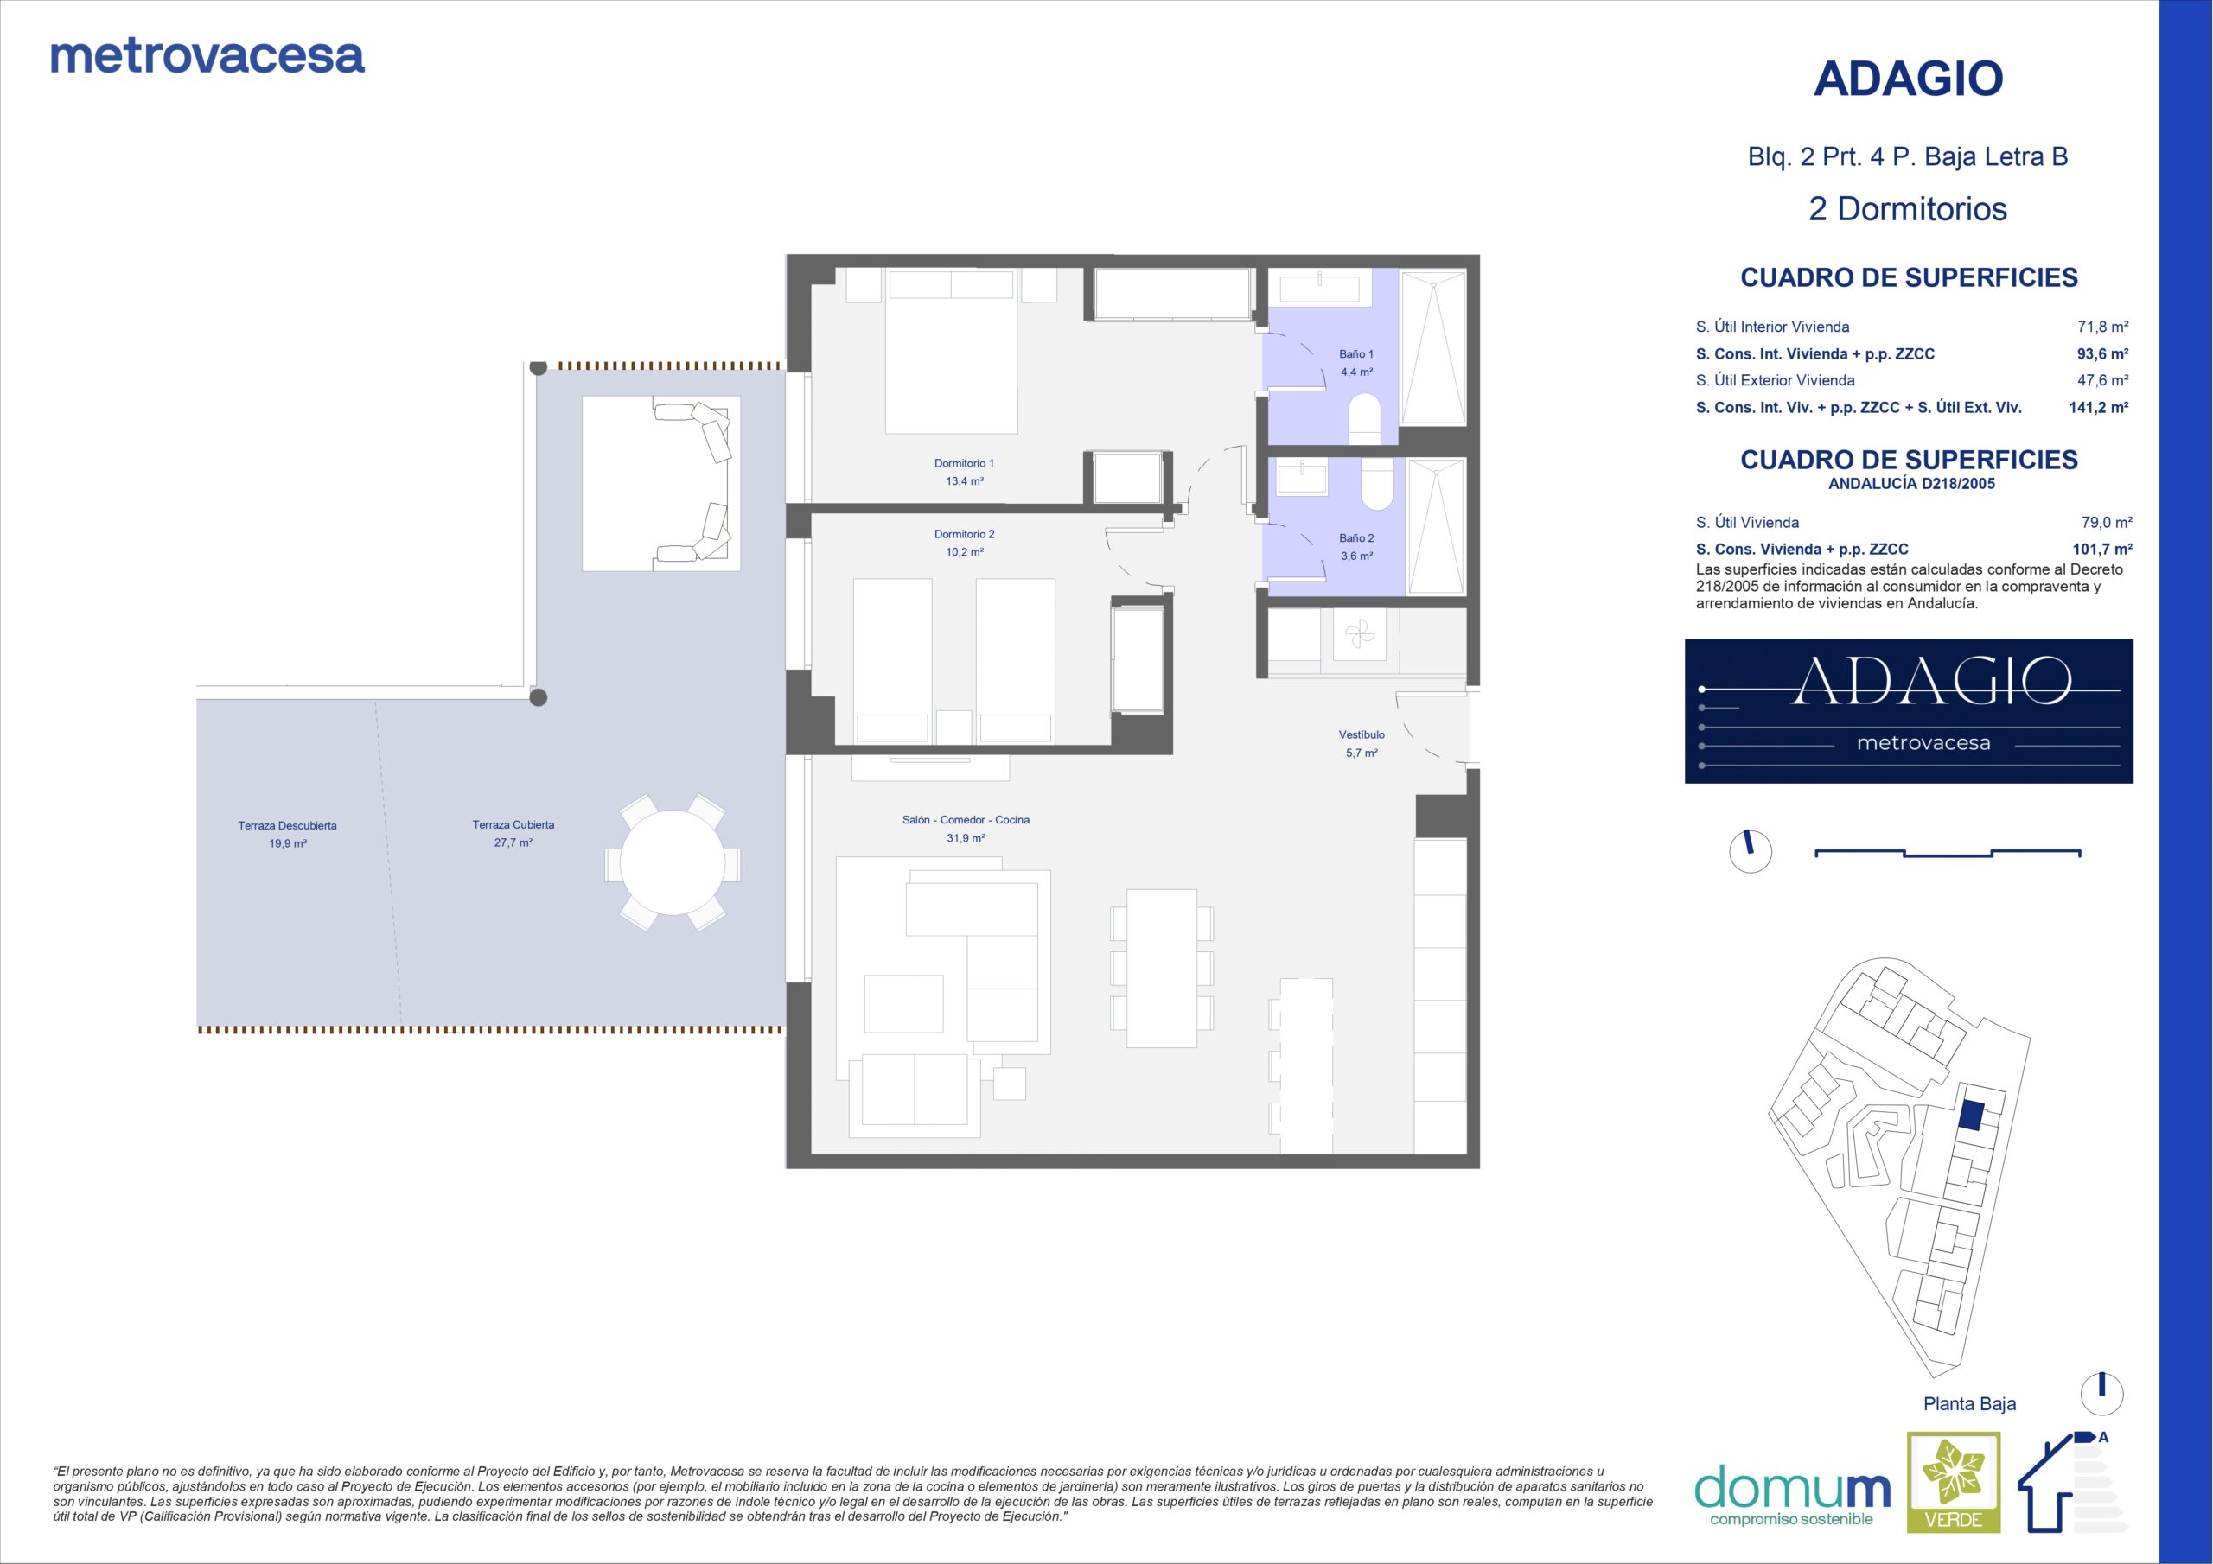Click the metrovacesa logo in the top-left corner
(207, 57)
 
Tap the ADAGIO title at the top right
(1908, 79)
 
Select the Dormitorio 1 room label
(964, 463)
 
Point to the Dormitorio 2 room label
(964, 534)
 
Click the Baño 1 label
(1356, 353)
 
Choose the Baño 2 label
(1356, 537)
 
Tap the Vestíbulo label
(1361, 734)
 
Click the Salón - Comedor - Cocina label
(965, 820)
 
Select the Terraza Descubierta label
(287, 826)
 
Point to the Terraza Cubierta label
(513, 825)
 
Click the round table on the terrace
(673, 862)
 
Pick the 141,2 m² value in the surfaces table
(2098, 408)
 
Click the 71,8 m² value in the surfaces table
(2102, 327)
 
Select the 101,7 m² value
(2102, 550)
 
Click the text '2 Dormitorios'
(1908, 209)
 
